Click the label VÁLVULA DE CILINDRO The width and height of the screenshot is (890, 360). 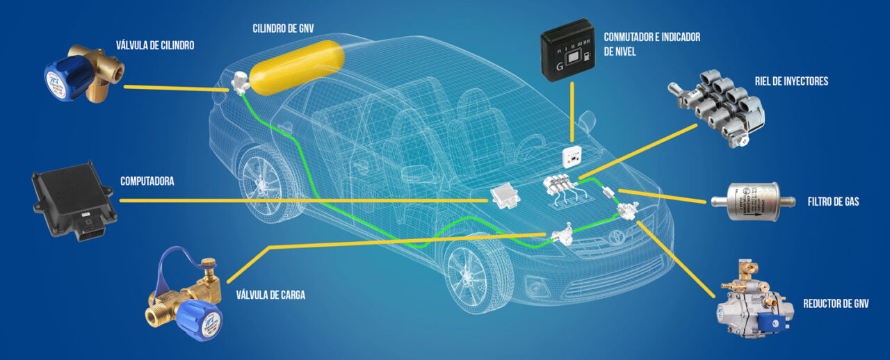click(155, 46)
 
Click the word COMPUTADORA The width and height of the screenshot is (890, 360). click(147, 181)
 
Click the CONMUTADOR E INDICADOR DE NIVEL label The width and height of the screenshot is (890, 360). click(652, 43)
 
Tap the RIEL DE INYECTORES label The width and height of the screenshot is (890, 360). click(791, 82)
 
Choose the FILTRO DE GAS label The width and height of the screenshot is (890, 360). click(833, 202)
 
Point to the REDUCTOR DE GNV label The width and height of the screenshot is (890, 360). click(836, 304)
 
